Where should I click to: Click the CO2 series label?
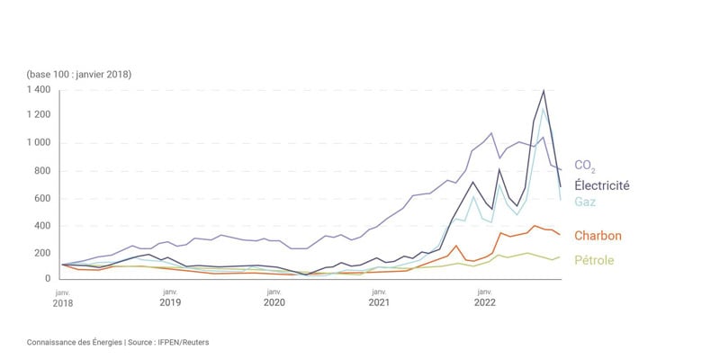pyautogui.click(x=584, y=166)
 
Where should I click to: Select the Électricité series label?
pyautogui.click(x=604, y=185)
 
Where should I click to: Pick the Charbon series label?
pyautogui.click(x=598, y=236)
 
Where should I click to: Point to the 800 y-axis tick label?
pyautogui.click(x=45, y=171)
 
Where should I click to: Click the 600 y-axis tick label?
pyautogui.click(x=45, y=198)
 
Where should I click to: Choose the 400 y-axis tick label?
pyautogui.click(x=45, y=226)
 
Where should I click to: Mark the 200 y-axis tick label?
pyautogui.click(x=45, y=253)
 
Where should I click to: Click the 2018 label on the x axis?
pyautogui.click(x=63, y=304)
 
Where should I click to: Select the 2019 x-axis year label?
pyautogui.click(x=169, y=304)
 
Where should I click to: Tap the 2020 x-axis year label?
pyautogui.click(x=274, y=304)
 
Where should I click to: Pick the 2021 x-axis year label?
pyautogui.click(x=379, y=304)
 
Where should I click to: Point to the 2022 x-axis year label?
pyautogui.click(x=484, y=304)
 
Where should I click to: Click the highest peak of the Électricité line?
pyautogui.click(x=544, y=90)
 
